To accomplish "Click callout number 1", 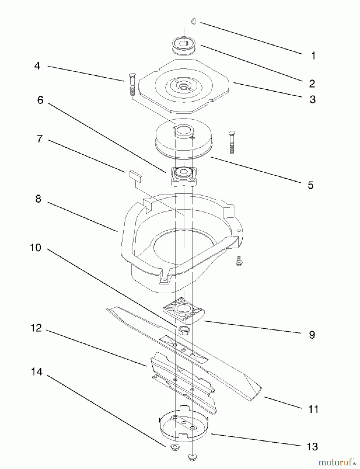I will (x=313, y=56).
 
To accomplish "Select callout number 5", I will (x=310, y=185).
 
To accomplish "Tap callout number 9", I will (x=312, y=335).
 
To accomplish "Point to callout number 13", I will (x=312, y=447).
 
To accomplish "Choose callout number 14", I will (x=37, y=372).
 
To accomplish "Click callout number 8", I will (x=38, y=199).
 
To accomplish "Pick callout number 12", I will (x=36, y=328).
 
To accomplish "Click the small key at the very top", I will (x=193, y=21).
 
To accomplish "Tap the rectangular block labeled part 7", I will (x=136, y=176).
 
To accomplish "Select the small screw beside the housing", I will (x=238, y=261).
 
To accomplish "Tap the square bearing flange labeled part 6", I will (x=184, y=176).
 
